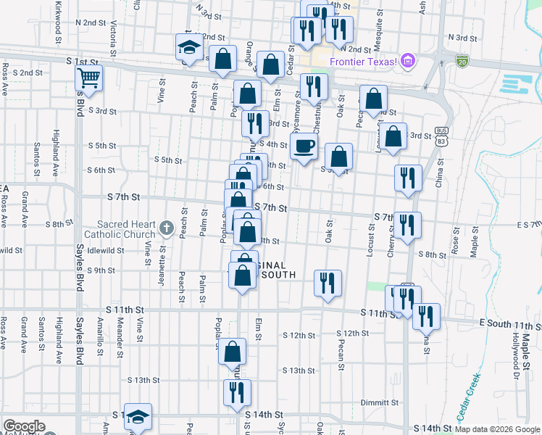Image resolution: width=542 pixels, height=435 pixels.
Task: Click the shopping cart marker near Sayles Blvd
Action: tap(88, 78)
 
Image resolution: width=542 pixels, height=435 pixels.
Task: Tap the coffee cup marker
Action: tap(304, 146)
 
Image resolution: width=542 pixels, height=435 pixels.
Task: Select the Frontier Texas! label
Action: tap(363, 62)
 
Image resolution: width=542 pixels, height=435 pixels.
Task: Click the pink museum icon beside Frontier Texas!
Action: tap(408, 62)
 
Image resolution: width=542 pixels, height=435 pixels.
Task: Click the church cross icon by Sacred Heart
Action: tap(166, 230)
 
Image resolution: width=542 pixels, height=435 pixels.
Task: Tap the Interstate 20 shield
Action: tap(462, 60)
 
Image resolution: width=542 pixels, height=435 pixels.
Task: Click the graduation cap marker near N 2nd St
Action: tap(188, 48)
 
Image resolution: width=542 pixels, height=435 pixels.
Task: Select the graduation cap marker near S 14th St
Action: tap(138, 416)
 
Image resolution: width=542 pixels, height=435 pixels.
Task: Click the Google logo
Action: tap(24, 426)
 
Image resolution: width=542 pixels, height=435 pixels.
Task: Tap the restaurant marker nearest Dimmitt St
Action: tap(237, 393)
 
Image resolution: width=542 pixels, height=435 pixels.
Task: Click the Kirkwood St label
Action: tap(58, 14)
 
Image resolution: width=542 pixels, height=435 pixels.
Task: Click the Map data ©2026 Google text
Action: tap(497, 429)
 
